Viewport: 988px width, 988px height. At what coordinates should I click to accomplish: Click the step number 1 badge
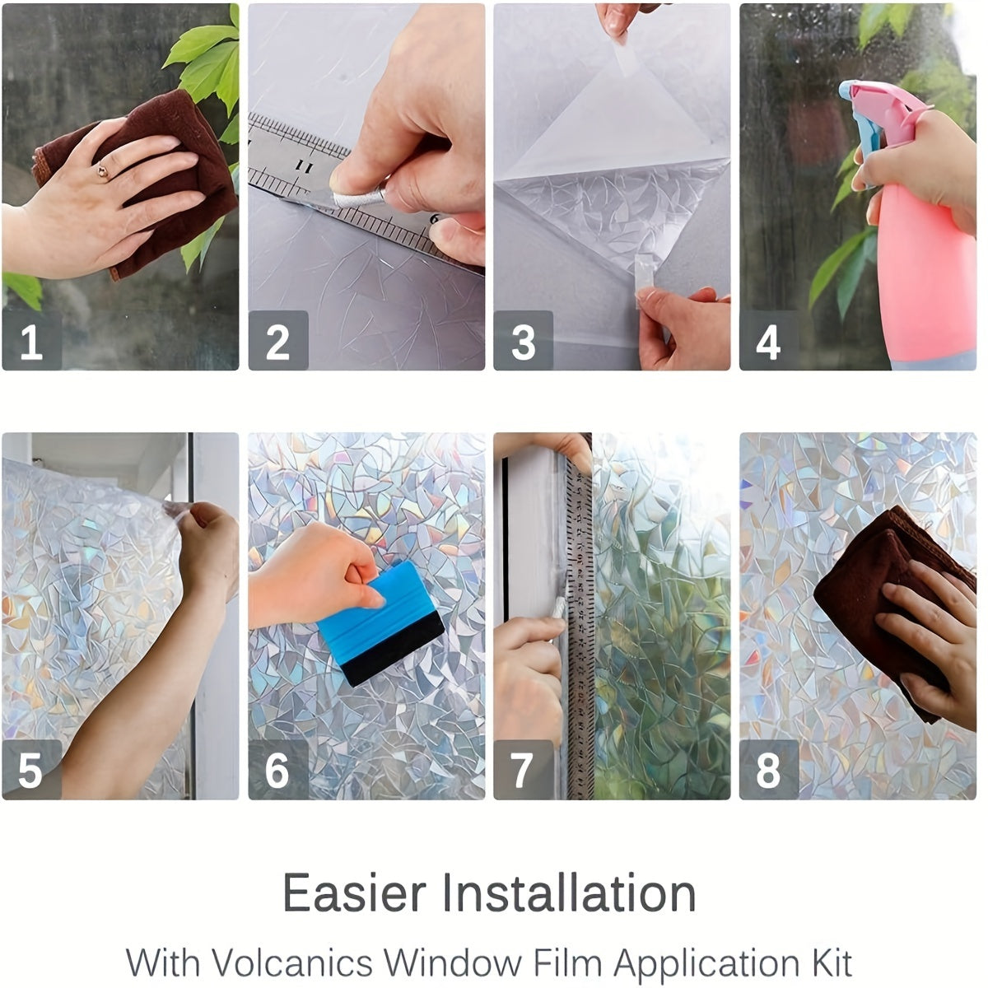click(x=31, y=340)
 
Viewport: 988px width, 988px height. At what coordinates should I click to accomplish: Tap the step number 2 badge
click(x=278, y=340)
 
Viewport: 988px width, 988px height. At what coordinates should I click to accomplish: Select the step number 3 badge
click(x=523, y=340)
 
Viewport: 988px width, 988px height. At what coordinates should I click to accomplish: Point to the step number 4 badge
click(x=768, y=340)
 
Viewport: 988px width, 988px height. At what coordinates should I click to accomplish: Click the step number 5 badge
click(x=31, y=769)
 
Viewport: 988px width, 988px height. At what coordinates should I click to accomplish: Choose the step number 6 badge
click(x=278, y=769)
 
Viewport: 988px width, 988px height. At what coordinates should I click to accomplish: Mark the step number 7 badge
click(x=523, y=769)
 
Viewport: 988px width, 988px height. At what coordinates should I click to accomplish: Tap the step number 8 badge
click(x=768, y=769)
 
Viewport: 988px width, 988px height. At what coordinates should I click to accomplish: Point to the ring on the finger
click(x=102, y=171)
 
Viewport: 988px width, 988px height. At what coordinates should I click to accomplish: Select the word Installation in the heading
click(x=568, y=893)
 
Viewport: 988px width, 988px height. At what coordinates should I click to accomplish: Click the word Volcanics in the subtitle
click(x=292, y=962)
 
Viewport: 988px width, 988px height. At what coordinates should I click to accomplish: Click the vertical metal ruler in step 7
click(x=580, y=626)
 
